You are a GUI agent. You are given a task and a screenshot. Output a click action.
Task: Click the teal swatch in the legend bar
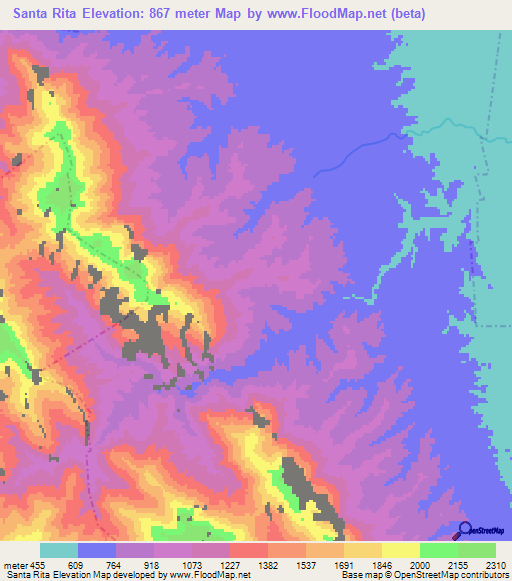(x=59, y=550)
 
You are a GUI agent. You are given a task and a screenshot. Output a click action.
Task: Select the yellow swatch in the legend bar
(x=400, y=550)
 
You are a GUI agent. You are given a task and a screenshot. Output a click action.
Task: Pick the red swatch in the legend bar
(x=249, y=550)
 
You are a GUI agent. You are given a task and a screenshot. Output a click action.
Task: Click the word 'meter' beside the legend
(x=15, y=565)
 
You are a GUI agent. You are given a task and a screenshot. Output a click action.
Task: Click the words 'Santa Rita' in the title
(x=41, y=14)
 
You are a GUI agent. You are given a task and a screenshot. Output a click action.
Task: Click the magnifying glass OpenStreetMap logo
(x=464, y=530)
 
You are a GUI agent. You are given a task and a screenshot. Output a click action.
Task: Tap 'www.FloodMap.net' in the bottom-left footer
(x=210, y=575)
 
